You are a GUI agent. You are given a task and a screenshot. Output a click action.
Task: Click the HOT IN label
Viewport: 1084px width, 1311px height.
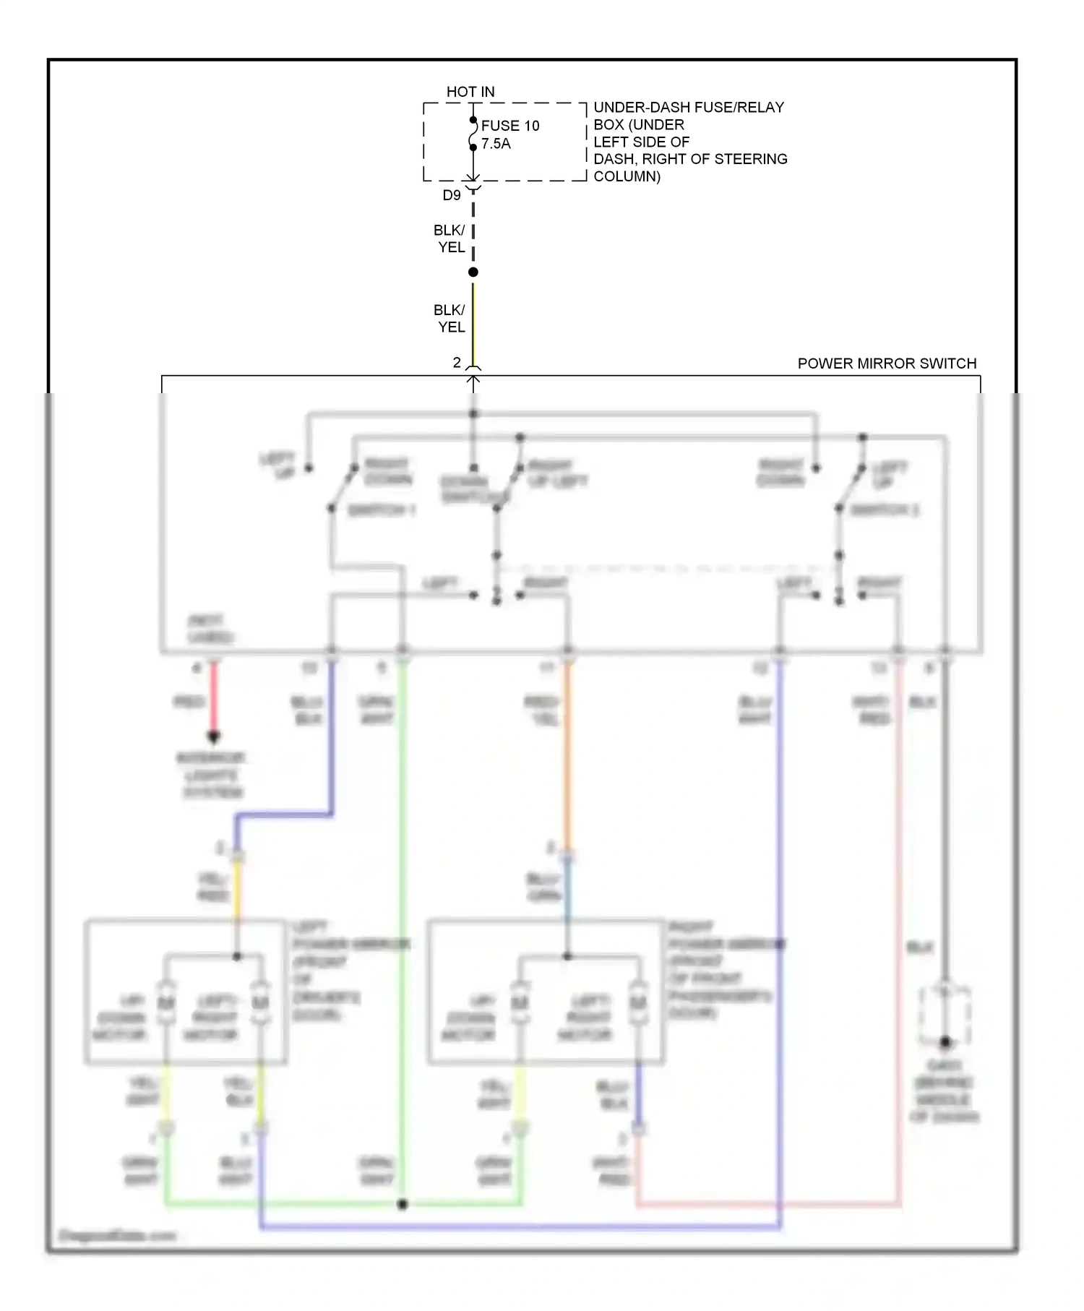[470, 92]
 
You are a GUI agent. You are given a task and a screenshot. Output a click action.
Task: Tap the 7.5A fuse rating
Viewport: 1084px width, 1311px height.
[496, 144]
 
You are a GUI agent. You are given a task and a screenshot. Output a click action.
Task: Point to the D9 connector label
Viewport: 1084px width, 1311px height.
[452, 195]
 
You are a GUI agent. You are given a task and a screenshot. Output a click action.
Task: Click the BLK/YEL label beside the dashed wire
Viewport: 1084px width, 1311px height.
[449, 238]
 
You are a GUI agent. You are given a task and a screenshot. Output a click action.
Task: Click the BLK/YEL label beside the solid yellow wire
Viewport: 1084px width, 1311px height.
[449, 318]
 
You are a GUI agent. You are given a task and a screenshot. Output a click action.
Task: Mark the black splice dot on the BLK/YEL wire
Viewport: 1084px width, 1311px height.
[473, 272]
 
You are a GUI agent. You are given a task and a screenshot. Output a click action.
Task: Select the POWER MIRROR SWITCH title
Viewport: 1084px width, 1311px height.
[887, 364]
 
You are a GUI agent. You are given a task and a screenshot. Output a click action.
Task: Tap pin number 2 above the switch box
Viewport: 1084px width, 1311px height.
[457, 363]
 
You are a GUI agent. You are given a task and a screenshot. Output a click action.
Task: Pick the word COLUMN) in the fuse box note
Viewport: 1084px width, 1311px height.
[627, 176]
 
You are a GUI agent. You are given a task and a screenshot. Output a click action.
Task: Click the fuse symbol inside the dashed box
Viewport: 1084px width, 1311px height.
[473, 134]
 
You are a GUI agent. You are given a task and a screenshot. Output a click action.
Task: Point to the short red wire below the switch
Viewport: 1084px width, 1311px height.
[214, 697]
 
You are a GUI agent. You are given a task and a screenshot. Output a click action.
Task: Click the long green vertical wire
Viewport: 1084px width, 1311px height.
[403, 940]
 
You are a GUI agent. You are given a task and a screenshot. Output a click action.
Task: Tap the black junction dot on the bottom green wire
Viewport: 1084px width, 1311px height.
[403, 1205]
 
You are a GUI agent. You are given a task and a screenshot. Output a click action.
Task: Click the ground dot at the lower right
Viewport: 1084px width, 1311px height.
[945, 1042]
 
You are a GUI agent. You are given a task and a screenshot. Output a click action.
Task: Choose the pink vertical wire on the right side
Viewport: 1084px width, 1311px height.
[899, 940]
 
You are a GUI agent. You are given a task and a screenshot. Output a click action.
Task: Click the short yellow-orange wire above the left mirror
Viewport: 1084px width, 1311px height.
[237, 889]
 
